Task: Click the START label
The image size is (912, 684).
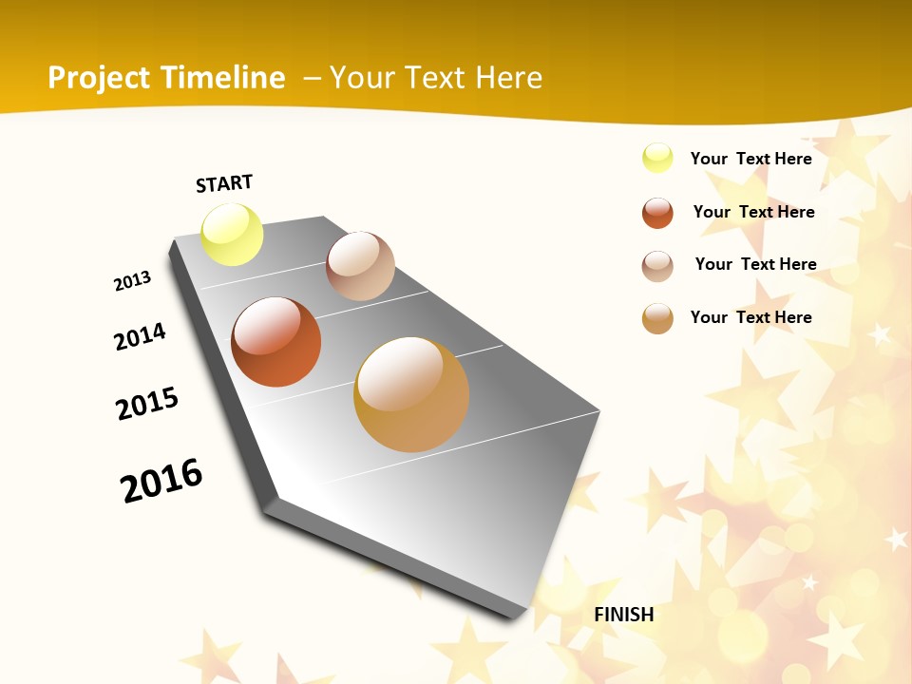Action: click(x=224, y=183)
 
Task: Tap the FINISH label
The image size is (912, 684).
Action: click(x=624, y=615)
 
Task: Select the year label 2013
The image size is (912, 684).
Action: click(x=133, y=281)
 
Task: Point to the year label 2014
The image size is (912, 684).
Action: click(x=141, y=336)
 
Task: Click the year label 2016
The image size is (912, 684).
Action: click(x=161, y=481)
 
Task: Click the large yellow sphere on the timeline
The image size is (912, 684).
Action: click(x=233, y=234)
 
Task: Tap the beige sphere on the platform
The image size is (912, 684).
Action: click(x=360, y=266)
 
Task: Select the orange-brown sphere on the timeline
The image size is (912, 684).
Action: click(x=276, y=342)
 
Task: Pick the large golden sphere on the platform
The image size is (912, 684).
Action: click(x=411, y=394)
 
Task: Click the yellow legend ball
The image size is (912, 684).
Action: click(x=657, y=158)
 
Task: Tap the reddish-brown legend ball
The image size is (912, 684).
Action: click(x=657, y=213)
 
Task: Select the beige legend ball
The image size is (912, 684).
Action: click(x=657, y=266)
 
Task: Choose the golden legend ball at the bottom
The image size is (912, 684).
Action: click(x=657, y=318)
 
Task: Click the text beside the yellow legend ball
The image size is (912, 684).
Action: click(x=750, y=159)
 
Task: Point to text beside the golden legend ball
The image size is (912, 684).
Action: click(x=750, y=317)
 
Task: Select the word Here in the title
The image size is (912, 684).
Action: click(x=508, y=78)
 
